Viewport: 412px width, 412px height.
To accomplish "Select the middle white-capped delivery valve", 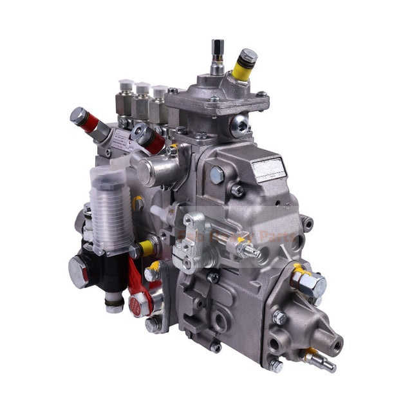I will pos(142,95).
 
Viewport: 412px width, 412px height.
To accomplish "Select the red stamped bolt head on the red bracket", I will pos(136,303).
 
